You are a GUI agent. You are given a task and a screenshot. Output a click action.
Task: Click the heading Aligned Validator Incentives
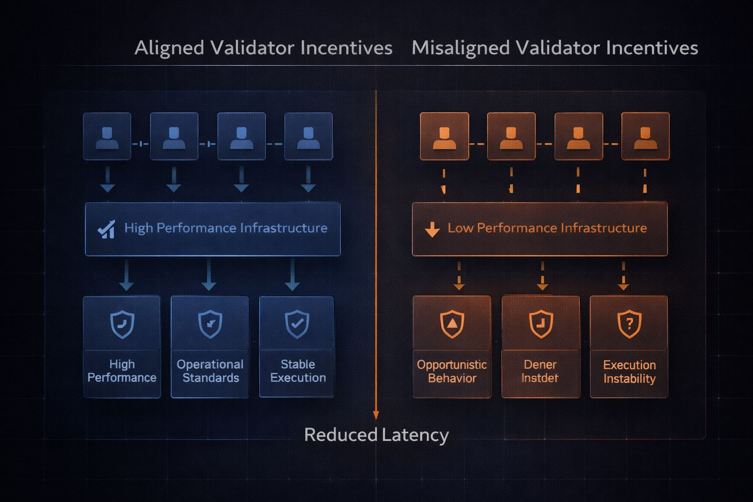[x=263, y=48]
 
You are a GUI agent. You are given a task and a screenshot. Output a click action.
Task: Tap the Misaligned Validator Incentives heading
[x=554, y=48]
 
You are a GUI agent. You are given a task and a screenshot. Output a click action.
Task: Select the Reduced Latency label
[x=376, y=435]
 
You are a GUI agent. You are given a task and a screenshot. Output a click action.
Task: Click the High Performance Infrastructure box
[x=213, y=229]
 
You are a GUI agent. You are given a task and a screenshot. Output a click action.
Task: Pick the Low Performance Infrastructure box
[x=539, y=229]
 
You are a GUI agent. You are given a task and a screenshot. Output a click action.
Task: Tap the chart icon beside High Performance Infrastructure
[x=106, y=229]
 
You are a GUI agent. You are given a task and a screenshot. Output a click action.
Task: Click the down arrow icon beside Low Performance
[x=432, y=229]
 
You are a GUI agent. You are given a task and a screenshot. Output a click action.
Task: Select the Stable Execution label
[x=298, y=371]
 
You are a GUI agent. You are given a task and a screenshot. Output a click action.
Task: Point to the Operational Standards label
[x=210, y=371]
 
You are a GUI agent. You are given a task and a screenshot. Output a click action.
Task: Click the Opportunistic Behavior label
[x=452, y=372]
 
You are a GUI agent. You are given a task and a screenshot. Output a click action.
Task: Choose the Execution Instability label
[x=629, y=372]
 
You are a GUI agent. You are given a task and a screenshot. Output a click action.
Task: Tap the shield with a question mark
[x=629, y=324]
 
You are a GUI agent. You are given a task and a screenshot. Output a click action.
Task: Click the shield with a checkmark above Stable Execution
[x=297, y=324]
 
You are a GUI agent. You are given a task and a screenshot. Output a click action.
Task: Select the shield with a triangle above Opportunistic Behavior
[x=452, y=324]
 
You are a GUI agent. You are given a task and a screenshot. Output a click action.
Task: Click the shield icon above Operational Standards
[x=210, y=324]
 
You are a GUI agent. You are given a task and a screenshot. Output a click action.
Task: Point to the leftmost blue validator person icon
[x=107, y=137]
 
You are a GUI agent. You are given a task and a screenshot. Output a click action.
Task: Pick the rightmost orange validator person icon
[x=645, y=137]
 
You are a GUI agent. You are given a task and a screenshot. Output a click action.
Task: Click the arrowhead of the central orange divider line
[x=376, y=415]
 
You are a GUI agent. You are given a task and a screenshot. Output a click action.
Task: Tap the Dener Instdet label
[x=540, y=372]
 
